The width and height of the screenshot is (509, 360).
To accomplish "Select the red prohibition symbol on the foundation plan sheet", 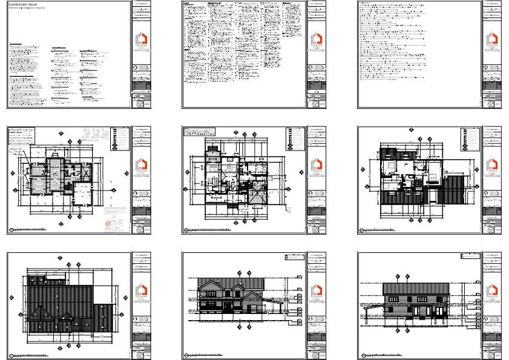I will [108, 223].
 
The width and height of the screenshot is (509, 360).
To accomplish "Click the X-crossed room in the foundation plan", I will [86, 172].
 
